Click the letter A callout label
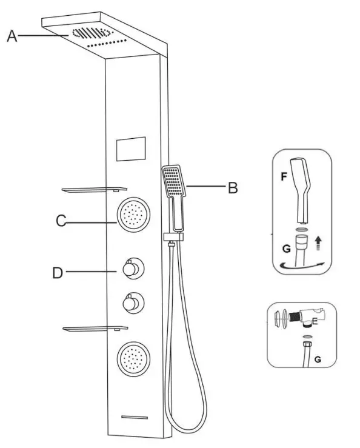point(12,36)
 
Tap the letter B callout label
point(233,188)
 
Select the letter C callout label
point(61,221)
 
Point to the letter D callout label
point(58,273)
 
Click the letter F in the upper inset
point(284,176)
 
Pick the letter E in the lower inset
point(315,322)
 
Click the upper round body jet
point(133,215)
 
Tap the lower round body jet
point(133,359)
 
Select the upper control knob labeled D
point(133,269)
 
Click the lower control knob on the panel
point(133,303)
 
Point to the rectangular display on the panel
point(131,149)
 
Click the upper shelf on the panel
point(95,189)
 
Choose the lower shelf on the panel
point(95,329)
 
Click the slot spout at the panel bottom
point(135,418)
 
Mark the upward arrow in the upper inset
point(318,244)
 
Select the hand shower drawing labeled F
point(301,190)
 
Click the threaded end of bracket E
point(294,317)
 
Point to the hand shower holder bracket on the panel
point(173,237)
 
